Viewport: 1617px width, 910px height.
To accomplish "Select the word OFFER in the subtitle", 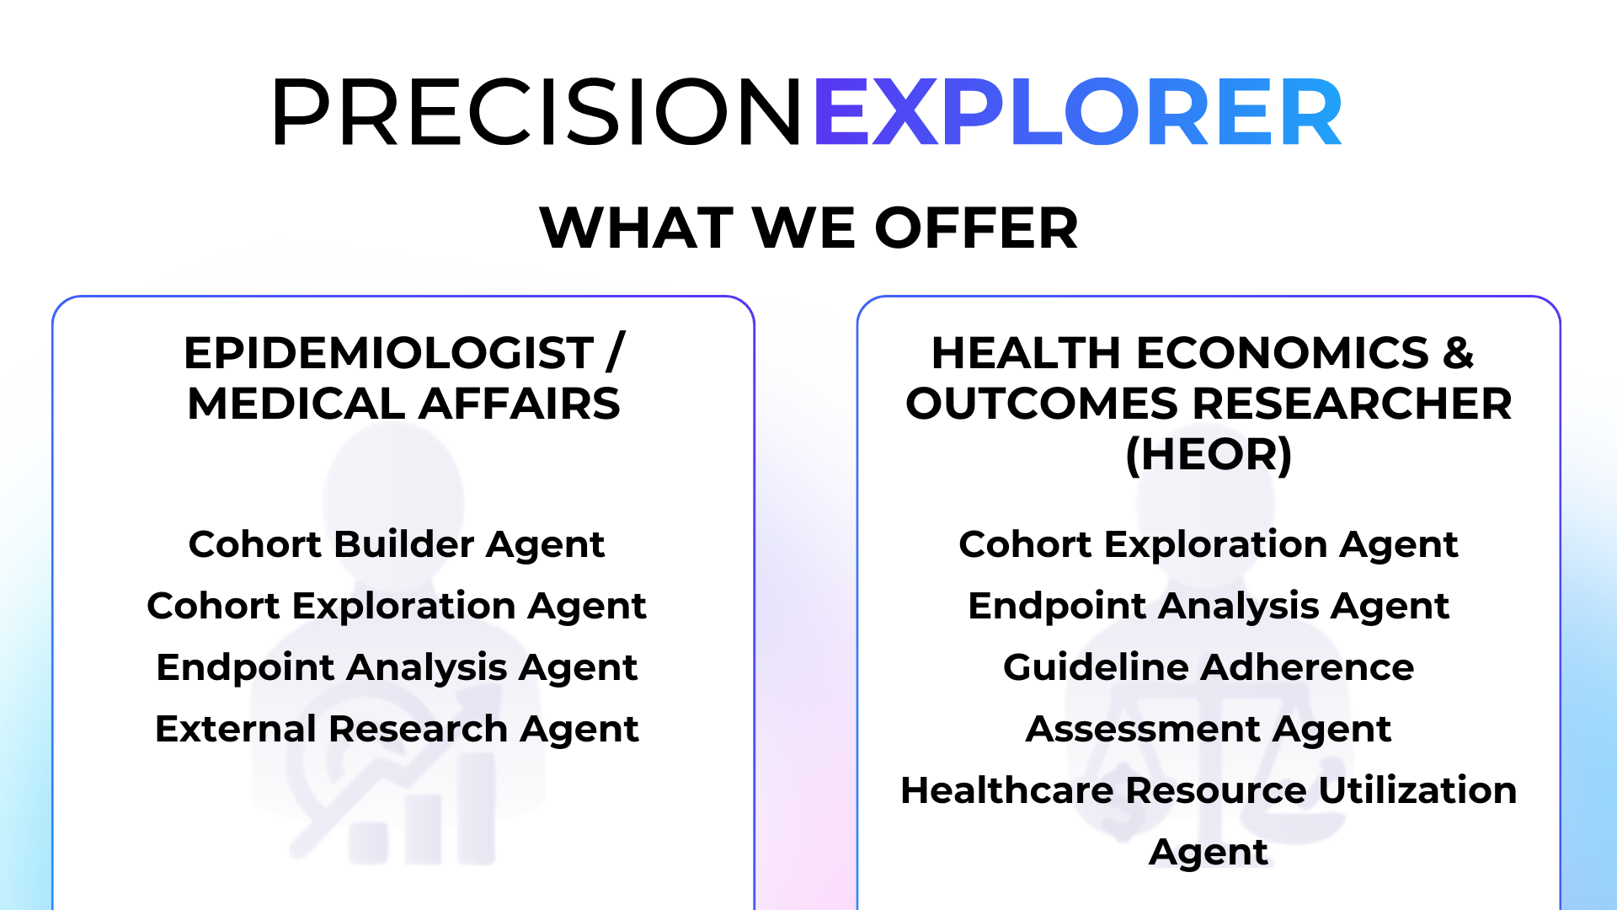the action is [x=977, y=228].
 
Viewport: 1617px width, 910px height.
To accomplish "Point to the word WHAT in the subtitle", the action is [x=637, y=228].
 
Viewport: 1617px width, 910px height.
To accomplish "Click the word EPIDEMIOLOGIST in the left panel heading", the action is [x=389, y=353].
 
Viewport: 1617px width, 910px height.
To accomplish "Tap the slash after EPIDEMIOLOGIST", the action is [x=615, y=353].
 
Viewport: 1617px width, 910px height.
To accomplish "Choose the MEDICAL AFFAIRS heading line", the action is [x=403, y=404].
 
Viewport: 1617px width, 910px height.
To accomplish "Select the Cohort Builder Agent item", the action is [x=397, y=545].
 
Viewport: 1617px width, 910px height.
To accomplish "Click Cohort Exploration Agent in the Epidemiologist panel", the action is [x=397, y=607].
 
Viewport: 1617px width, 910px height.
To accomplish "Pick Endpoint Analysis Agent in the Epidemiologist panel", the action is [x=397, y=668].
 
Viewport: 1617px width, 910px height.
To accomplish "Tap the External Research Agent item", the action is [x=397, y=730].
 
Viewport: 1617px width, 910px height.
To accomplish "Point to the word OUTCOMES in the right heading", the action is [x=1042, y=404].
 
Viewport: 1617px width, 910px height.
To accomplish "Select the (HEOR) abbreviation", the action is [x=1209, y=455].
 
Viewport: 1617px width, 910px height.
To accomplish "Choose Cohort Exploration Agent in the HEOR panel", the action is [x=1209, y=545].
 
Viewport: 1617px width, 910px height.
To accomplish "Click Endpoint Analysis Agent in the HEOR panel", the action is [x=1209, y=607].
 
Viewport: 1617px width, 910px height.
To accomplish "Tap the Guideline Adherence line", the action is [x=1209, y=667].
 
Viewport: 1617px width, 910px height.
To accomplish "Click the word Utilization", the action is [x=1417, y=790].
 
